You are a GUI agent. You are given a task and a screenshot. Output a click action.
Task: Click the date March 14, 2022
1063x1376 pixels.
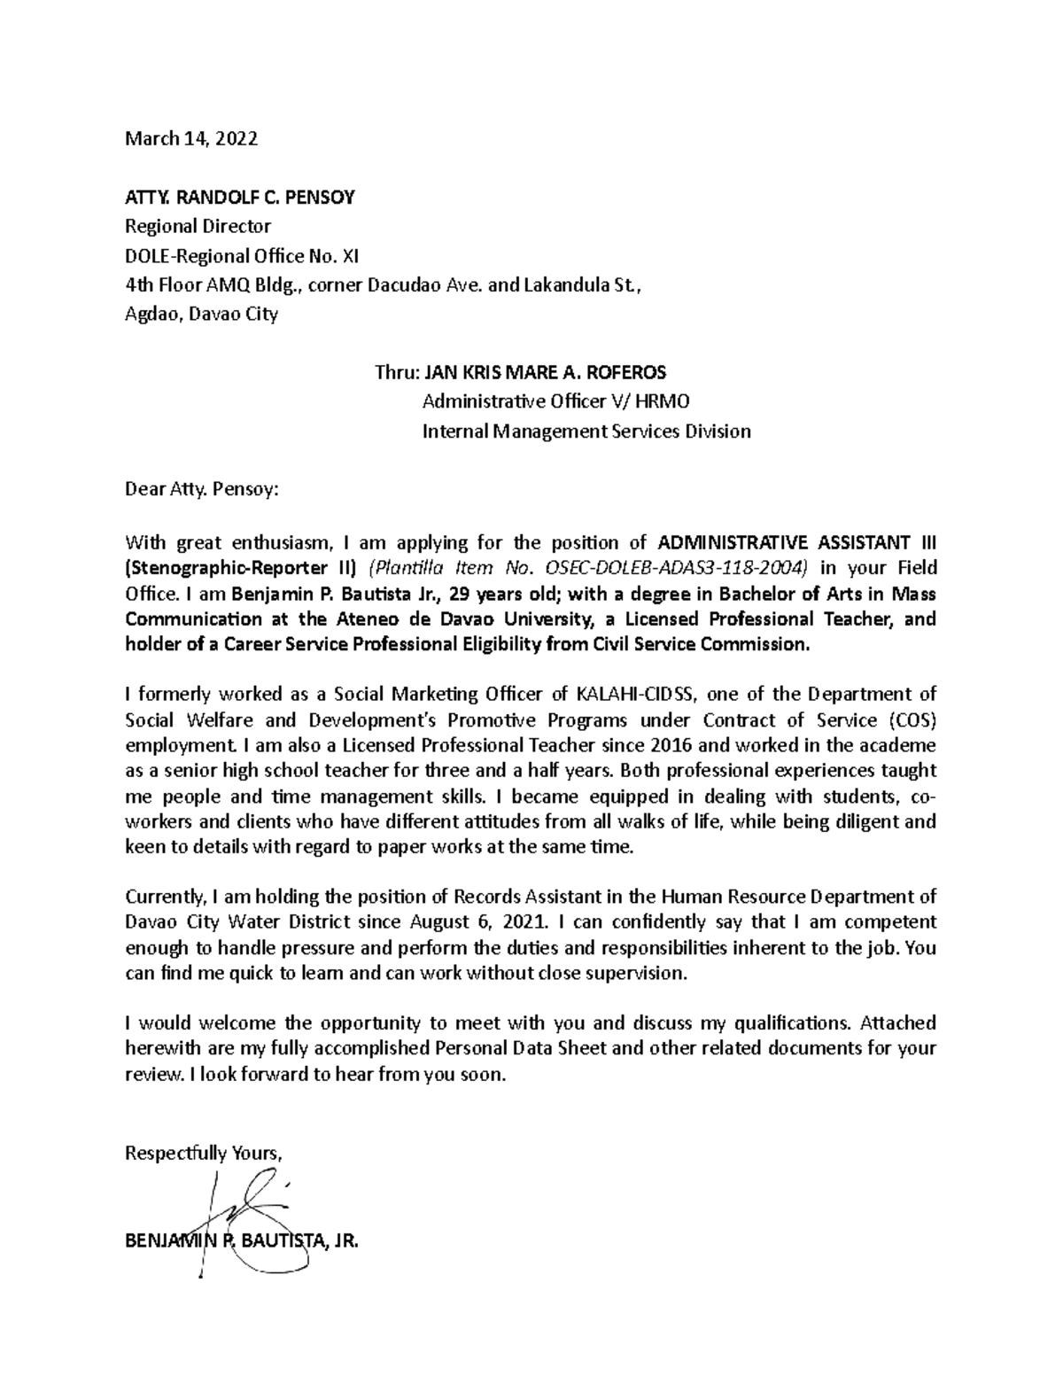[x=191, y=139]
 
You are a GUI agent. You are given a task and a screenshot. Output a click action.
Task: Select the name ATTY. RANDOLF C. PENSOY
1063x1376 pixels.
[x=240, y=198]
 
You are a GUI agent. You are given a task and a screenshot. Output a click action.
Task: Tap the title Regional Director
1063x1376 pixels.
[x=198, y=226]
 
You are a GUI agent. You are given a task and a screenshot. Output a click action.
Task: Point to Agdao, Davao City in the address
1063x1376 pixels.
[x=201, y=314]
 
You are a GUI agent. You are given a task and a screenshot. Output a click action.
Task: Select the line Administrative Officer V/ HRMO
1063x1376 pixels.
[x=555, y=401]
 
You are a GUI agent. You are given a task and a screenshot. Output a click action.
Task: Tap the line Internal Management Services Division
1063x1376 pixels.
[x=586, y=431]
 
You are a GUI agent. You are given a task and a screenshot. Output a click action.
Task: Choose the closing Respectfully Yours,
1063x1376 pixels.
[x=204, y=1153]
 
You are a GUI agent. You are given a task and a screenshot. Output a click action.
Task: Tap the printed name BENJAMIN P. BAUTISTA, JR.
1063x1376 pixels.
[x=242, y=1241]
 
